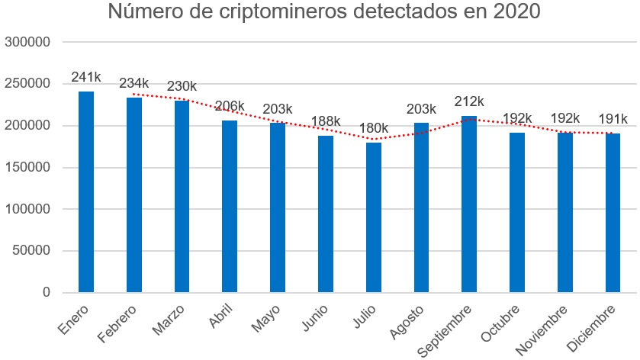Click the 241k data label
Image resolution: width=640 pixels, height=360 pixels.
point(86,77)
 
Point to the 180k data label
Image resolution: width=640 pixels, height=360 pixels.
point(374,127)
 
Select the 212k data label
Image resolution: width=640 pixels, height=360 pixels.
point(469,101)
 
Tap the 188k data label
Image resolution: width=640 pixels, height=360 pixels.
point(326,121)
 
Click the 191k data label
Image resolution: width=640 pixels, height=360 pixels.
point(613,119)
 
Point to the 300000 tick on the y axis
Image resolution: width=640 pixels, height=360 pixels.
point(27,42)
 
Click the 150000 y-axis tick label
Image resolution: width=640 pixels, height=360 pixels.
point(27,167)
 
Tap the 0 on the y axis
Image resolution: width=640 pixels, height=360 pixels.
point(46,292)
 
